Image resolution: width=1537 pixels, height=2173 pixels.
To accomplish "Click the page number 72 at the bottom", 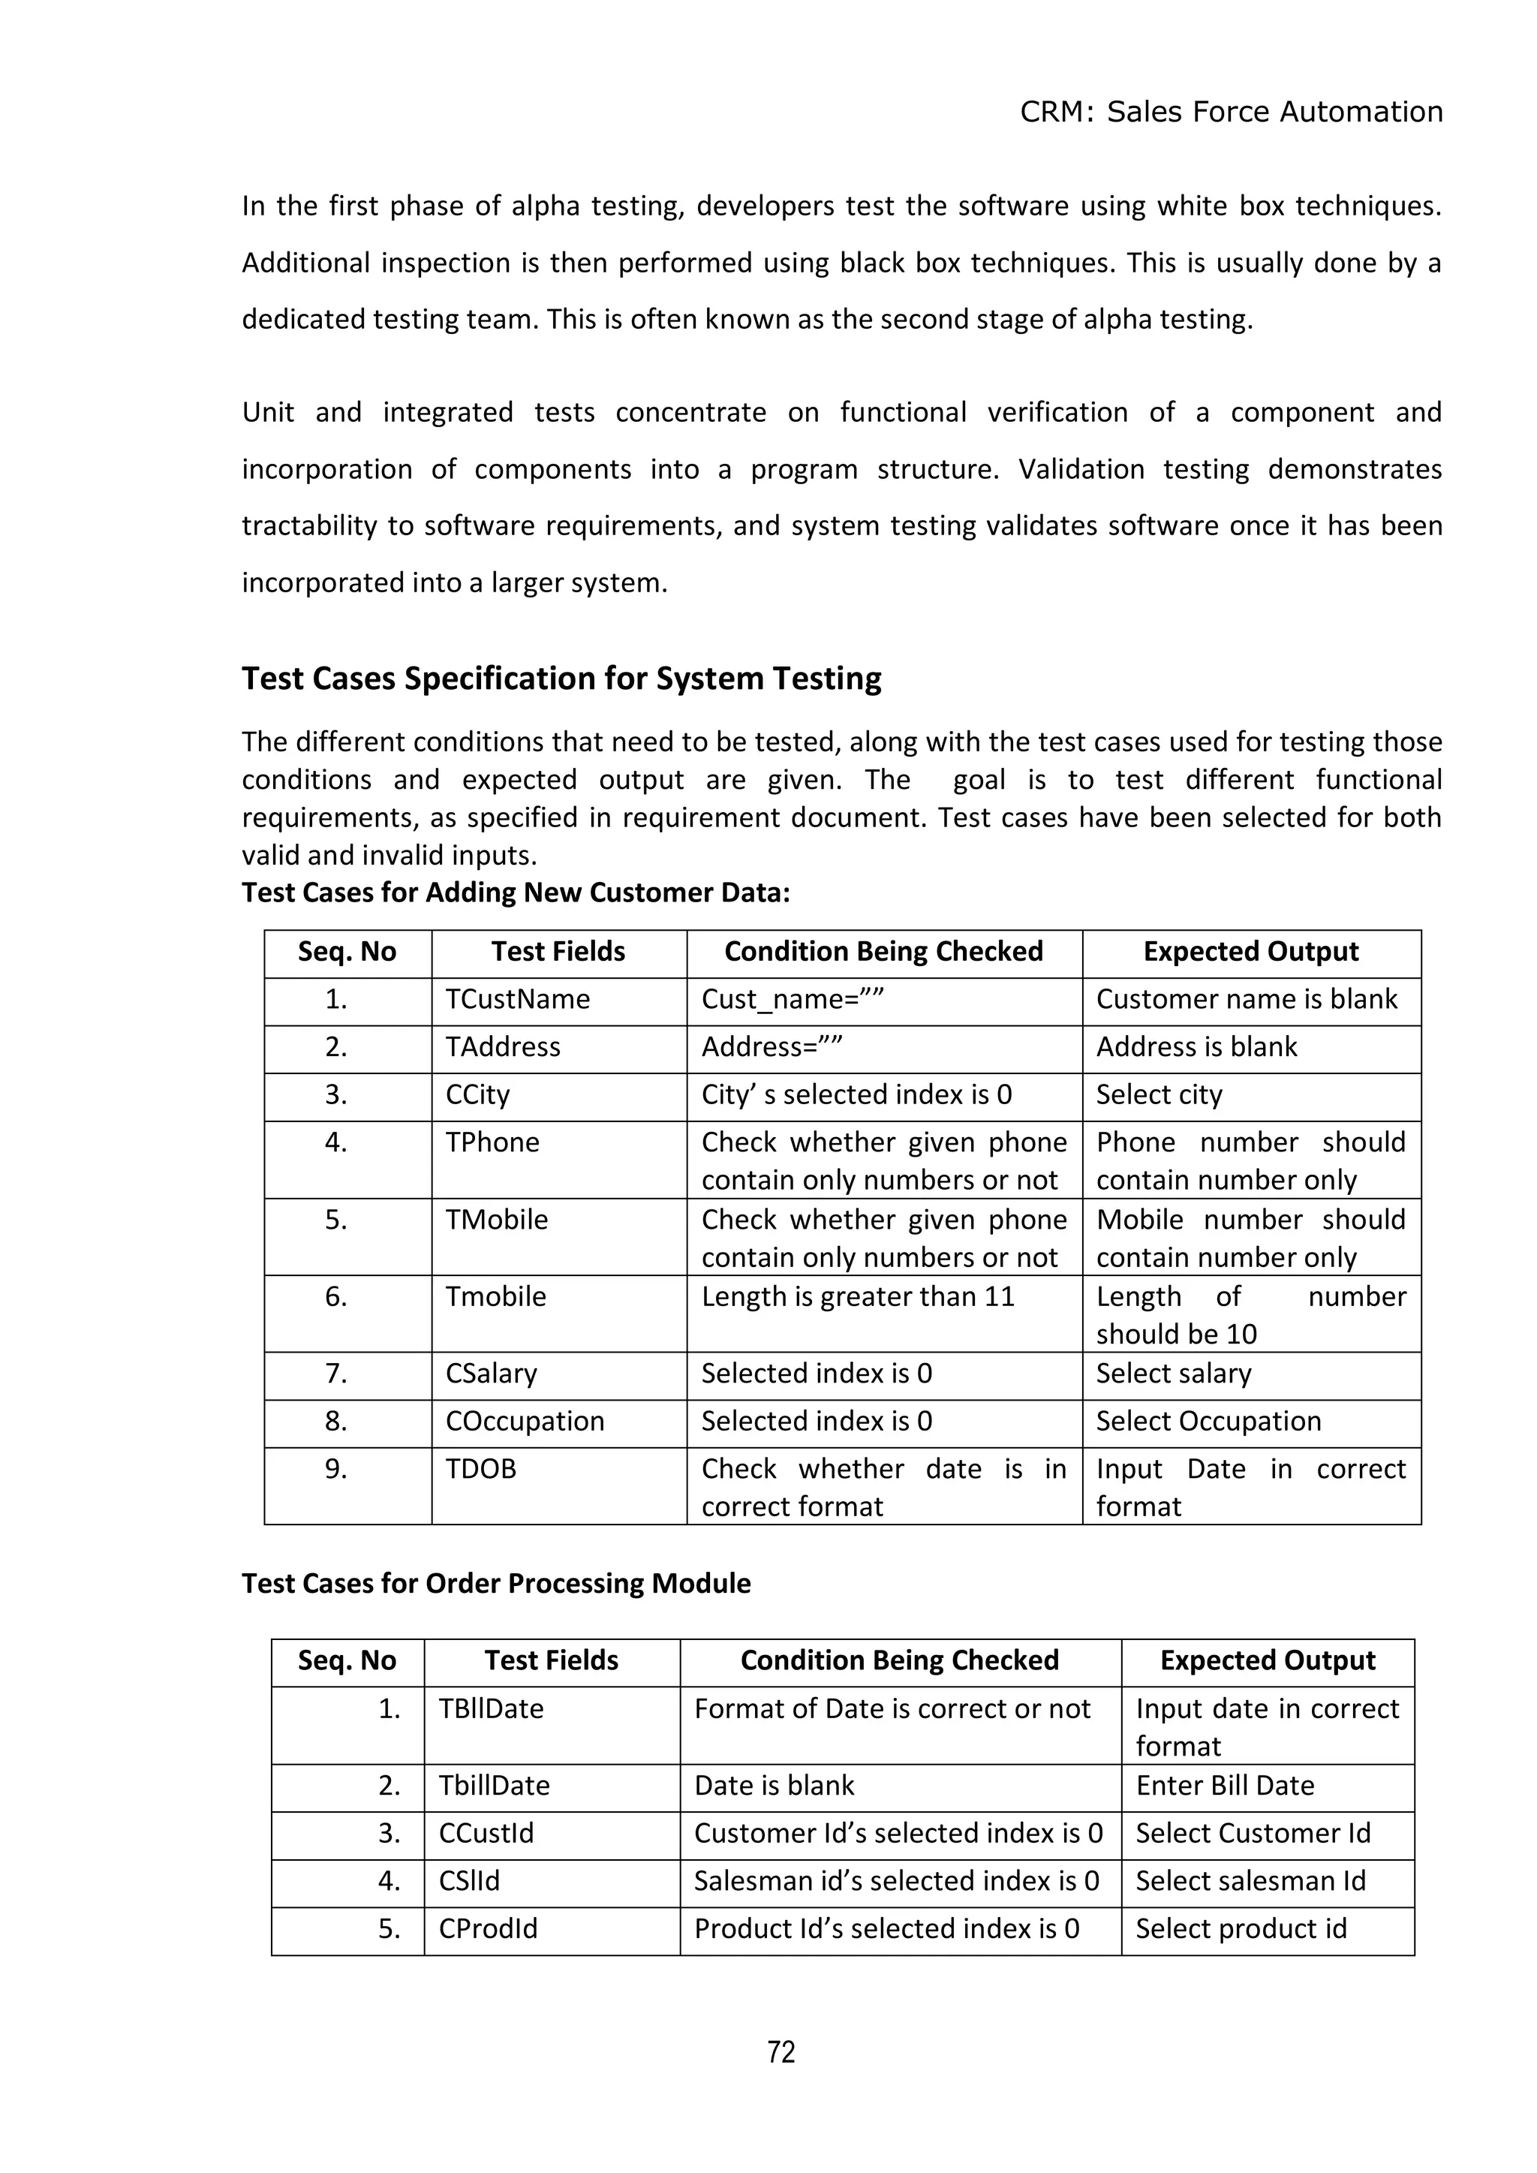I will (x=781, y=2052).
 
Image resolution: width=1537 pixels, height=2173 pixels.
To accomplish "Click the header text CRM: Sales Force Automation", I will (x=1230, y=112).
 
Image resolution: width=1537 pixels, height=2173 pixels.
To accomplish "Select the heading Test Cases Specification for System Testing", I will (x=561, y=679).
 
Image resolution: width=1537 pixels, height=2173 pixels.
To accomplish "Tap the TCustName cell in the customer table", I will (x=518, y=999).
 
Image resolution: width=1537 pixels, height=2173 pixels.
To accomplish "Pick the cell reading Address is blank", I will (x=1196, y=1047).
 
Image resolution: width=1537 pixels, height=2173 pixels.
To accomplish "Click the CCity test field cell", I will (x=478, y=1095).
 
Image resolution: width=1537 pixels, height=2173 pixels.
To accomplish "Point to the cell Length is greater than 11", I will (x=858, y=1296).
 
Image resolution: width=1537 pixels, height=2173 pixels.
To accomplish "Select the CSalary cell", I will (x=492, y=1374).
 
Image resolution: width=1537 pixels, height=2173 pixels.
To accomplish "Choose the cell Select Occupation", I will (x=1208, y=1422).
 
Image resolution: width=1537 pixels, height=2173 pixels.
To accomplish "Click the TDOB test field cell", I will (x=481, y=1469).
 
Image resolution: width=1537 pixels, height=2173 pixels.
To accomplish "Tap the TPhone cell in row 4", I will (x=492, y=1142).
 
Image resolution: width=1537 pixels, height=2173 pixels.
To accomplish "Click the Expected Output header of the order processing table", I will (x=1268, y=1660).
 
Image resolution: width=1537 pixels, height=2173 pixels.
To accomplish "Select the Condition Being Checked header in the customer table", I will (x=883, y=951).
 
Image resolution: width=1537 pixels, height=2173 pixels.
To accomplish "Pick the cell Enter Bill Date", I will (x=1225, y=1785).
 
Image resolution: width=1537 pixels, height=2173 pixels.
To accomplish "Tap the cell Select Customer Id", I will (x=1252, y=1833).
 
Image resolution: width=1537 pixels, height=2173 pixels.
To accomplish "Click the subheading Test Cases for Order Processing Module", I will (x=496, y=1583).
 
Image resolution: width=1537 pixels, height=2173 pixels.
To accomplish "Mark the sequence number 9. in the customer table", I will (x=336, y=1469).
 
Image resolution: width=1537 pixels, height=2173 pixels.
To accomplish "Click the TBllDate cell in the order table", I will (x=492, y=1708).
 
